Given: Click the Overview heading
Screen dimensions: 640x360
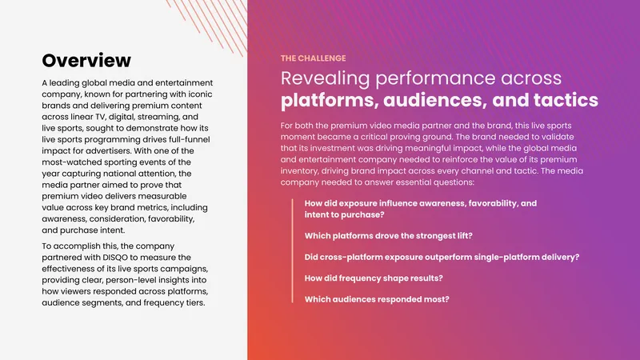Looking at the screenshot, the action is pos(86,61).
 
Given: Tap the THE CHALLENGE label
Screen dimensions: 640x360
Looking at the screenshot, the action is pos(313,58).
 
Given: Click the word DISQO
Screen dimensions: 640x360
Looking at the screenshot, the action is pos(115,258).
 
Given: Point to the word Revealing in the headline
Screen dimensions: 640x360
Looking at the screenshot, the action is pos(325,78).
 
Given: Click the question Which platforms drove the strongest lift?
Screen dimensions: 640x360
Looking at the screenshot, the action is pos(389,236).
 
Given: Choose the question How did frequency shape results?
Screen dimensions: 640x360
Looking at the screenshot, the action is pos(374,278).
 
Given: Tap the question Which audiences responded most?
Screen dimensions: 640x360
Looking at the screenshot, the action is pos(377,299).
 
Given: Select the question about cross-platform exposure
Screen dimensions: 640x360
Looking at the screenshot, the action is pos(442,257).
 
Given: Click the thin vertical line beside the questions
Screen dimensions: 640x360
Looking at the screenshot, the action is pos(292,250).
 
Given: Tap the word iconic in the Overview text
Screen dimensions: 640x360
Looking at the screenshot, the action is pos(201,94).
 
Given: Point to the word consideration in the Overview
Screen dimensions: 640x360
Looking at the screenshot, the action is pos(117,219).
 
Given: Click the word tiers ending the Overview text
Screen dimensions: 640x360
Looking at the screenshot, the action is pos(194,303).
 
